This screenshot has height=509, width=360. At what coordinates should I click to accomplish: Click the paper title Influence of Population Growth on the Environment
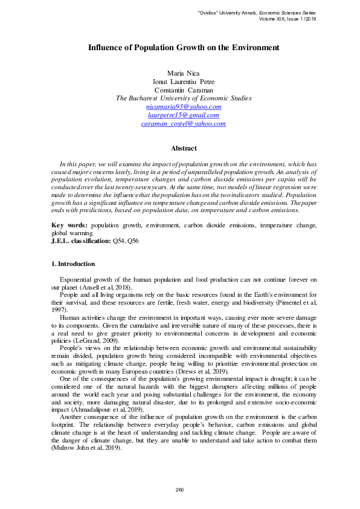[x=184, y=47]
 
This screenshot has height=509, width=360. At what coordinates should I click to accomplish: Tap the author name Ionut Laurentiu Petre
[x=183, y=82]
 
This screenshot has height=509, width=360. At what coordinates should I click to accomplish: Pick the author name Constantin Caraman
[x=183, y=90]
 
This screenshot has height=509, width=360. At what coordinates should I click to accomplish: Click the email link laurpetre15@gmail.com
[x=183, y=115]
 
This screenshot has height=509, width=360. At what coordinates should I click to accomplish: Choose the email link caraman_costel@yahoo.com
[x=184, y=123]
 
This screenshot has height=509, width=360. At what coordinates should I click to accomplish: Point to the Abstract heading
[x=184, y=148]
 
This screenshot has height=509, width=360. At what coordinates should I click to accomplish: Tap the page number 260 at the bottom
[x=179, y=490]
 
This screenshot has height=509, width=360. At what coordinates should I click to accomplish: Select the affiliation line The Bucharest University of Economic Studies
[x=184, y=98]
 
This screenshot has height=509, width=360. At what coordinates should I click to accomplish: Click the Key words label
[x=69, y=225]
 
